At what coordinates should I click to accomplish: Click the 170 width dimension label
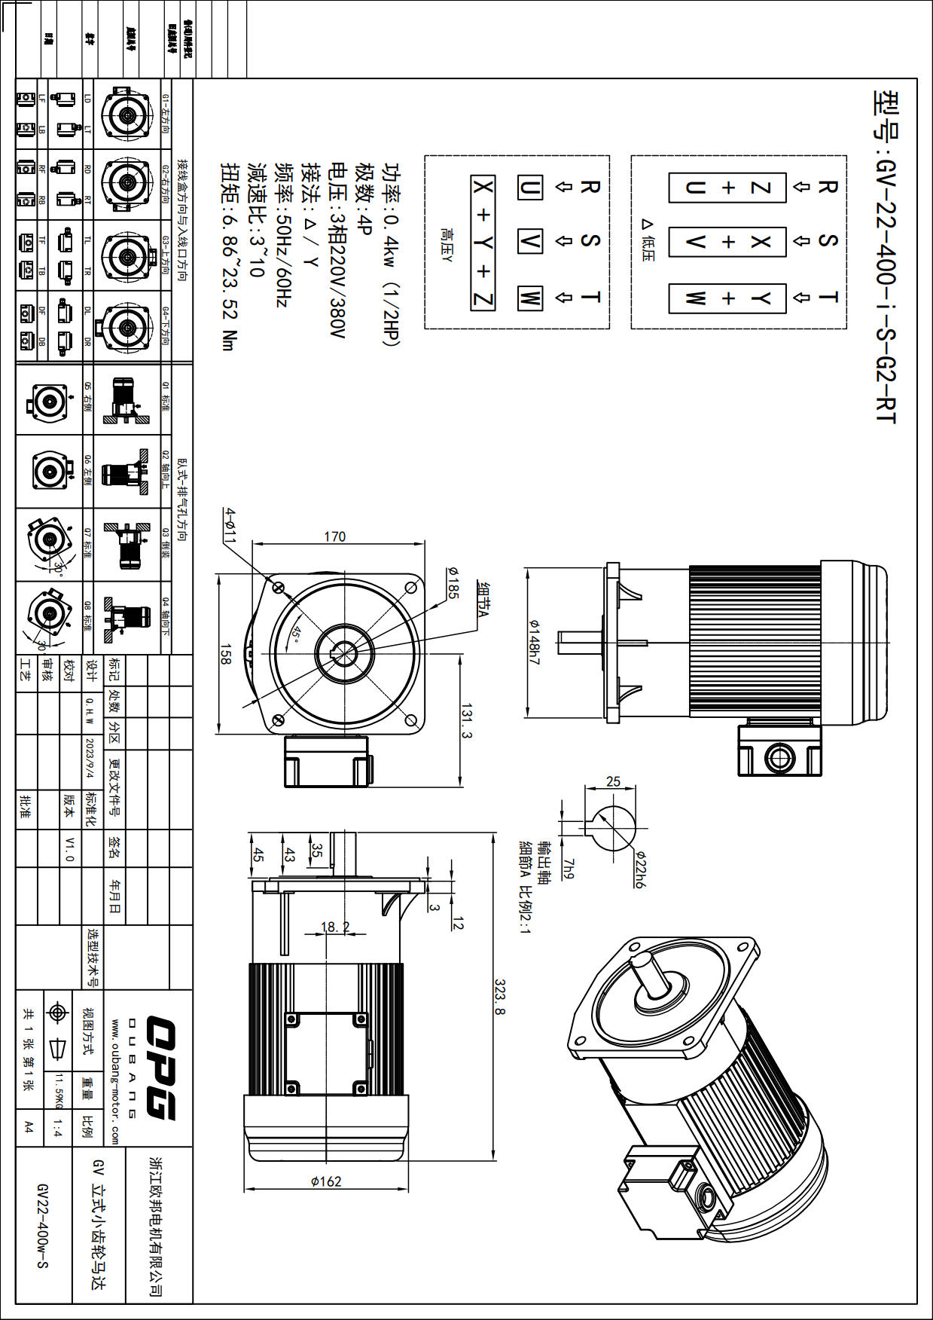click(x=335, y=536)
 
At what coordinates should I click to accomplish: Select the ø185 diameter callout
click(x=452, y=583)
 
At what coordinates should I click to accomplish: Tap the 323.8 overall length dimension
click(x=500, y=996)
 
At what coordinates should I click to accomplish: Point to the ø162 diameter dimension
click(x=326, y=1181)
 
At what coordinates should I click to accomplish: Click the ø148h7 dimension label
click(x=535, y=642)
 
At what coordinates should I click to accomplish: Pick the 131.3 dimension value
click(x=467, y=721)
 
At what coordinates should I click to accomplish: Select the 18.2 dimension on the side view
click(x=335, y=927)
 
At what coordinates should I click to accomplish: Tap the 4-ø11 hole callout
click(x=230, y=525)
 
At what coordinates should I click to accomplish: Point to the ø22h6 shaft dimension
click(x=640, y=869)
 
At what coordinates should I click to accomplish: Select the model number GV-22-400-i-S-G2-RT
click(x=886, y=256)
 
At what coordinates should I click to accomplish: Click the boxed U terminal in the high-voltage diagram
click(x=529, y=187)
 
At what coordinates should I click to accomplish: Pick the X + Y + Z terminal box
click(x=483, y=243)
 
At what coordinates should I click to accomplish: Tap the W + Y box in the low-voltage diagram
click(x=727, y=298)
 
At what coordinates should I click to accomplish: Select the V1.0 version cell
click(x=70, y=848)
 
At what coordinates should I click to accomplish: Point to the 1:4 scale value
click(x=58, y=1127)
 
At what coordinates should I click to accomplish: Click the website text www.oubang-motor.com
click(x=114, y=1080)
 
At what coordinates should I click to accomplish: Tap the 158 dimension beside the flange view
click(x=225, y=654)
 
